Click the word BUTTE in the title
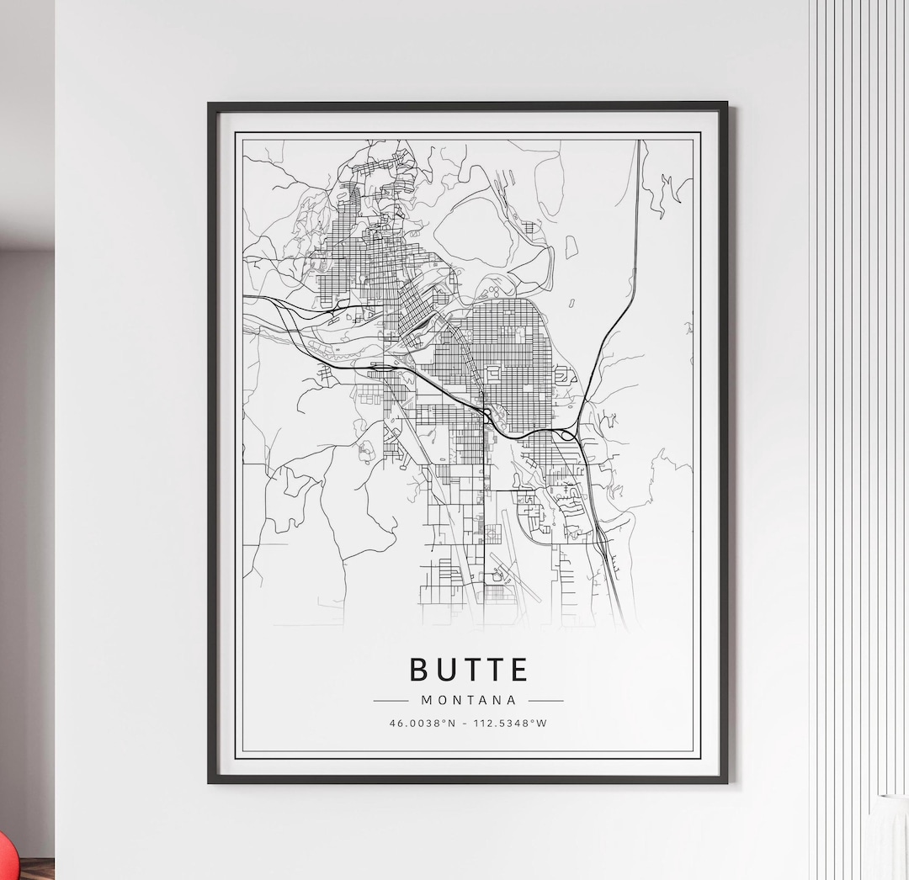(468, 670)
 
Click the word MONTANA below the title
(468, 700)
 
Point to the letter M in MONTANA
(426, 700)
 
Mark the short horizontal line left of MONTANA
(391, 700)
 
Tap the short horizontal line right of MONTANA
(545, 700)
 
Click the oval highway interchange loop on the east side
(568, 435)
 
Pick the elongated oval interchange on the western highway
(383, 368)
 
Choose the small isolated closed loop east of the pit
(571, 246)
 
